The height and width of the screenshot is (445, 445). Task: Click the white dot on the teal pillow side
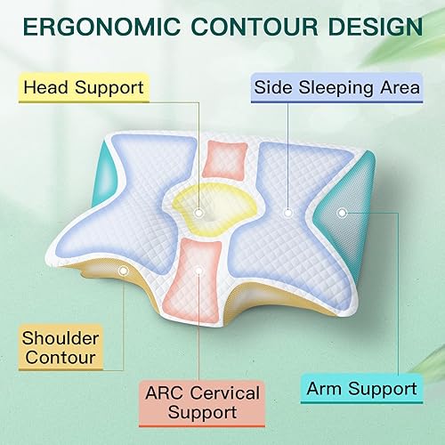(x=342, y=212)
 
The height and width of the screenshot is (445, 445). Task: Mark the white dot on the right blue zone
(x=287, y=213)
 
